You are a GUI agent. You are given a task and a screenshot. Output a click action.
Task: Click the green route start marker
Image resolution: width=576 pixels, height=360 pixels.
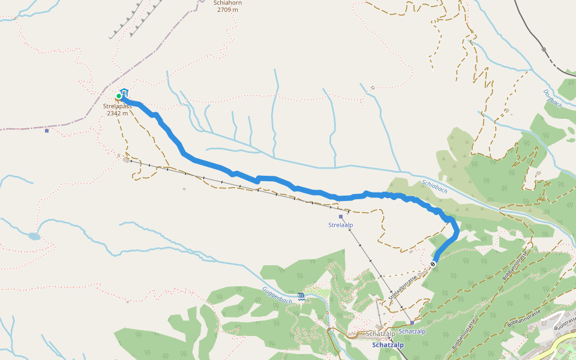coord(119,96)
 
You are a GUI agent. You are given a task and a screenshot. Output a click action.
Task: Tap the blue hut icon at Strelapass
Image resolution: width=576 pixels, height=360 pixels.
coord(124,92)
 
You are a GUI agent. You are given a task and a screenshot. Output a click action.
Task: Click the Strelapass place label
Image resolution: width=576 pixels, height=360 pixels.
coord(118,106)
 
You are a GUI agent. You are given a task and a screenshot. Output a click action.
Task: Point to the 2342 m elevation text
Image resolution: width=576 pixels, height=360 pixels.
coord(118,113)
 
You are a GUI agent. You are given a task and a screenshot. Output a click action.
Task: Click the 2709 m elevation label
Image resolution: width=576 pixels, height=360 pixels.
coord(227,10)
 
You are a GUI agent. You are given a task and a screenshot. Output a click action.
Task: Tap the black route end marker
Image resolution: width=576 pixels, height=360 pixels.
coord(433,264)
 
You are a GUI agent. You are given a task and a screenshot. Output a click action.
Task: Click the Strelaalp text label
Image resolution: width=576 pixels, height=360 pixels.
coord(340,225)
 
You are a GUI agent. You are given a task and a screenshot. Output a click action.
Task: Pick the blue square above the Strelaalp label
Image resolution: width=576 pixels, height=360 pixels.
coord(340,217)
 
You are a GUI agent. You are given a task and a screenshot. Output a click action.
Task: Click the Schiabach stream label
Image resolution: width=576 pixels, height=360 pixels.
coord(434,186)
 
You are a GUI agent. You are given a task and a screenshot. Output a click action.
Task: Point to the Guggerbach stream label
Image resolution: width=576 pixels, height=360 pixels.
coord(277,293)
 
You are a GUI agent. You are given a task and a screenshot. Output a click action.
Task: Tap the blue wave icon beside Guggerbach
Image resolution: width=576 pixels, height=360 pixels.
coord(301,296)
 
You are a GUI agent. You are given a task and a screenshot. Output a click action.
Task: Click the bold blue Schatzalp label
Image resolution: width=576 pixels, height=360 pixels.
coord(388,345)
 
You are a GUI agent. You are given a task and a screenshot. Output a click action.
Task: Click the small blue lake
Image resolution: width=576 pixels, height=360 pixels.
coord(34,236)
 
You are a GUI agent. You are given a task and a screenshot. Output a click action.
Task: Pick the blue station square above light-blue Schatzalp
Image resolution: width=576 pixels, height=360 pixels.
coord(412,323)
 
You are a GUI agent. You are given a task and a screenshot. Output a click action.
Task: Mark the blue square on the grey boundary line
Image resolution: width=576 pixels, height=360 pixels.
coord(47,130)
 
